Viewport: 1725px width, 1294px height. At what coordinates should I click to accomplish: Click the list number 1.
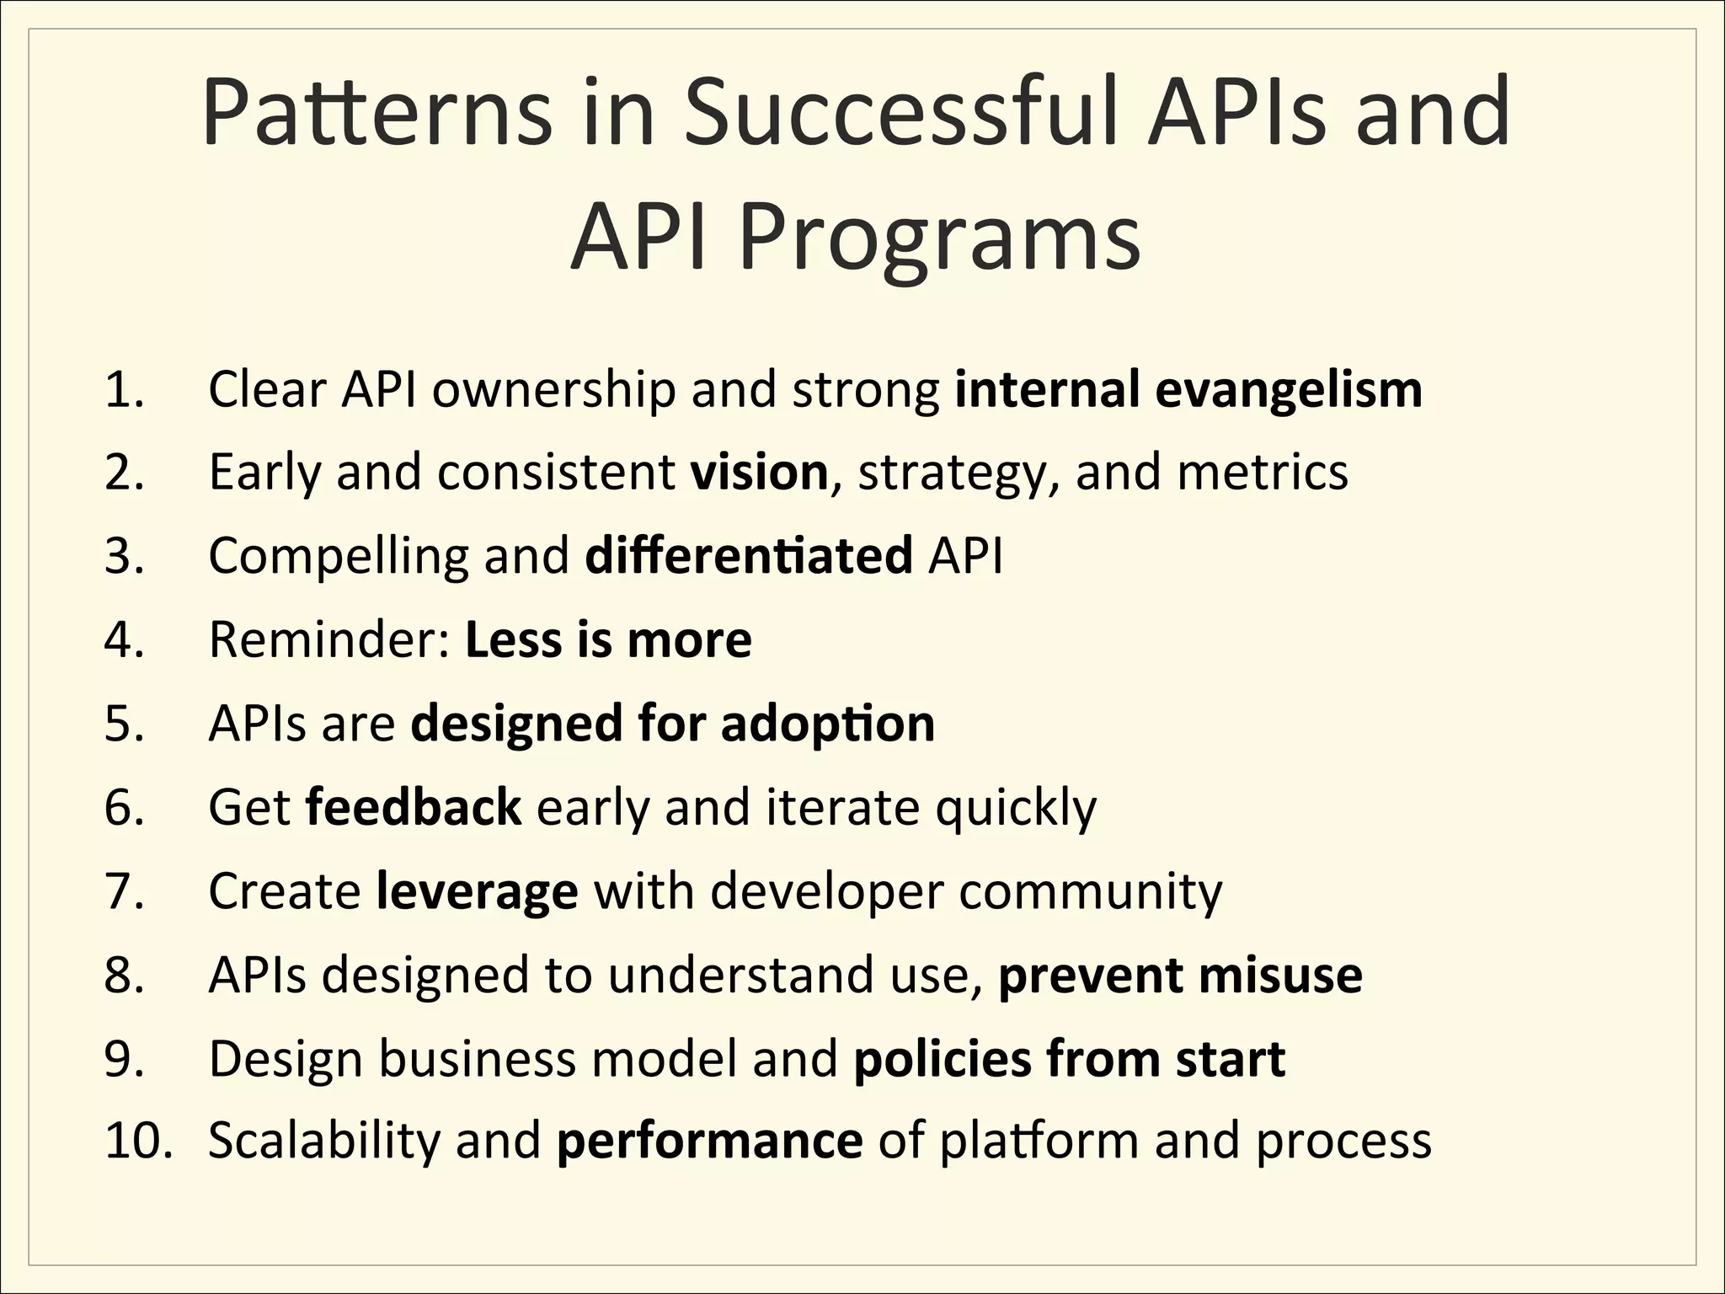(x=124, y=390)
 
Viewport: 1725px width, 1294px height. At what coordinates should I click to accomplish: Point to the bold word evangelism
(x=1288, y=390)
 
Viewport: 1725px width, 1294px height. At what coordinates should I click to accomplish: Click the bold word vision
(x=759, y=472)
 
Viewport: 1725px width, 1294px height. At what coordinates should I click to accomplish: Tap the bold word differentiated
(x=748, y=556)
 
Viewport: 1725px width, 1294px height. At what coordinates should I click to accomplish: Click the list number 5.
(x=124, y=724)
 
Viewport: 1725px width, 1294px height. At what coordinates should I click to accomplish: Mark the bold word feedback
(x=413, y=807)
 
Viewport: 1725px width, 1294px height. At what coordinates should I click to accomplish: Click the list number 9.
(x=124, y=1059)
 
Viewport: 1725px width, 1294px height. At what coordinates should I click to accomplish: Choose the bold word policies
(x=942, y=1059)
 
